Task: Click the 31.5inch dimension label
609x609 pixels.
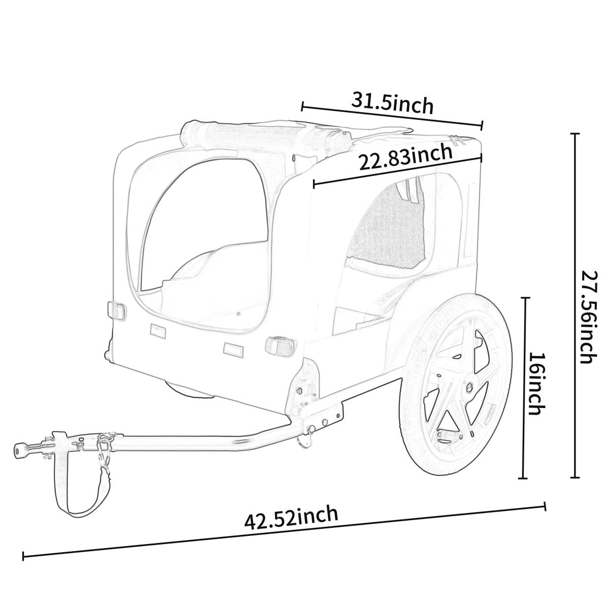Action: click(x=393, y=103)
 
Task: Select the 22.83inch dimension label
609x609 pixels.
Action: click(x=405, y=158)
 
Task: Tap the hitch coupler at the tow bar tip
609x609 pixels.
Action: click(x=23, y=449)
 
